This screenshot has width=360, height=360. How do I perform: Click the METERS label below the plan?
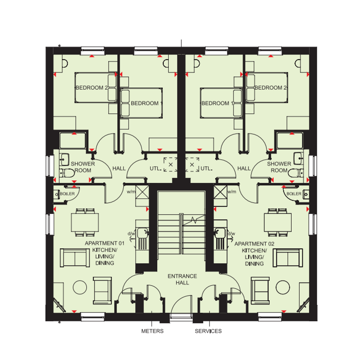[x=152, y=331]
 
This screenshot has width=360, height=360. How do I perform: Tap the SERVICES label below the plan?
[x=208, y=331]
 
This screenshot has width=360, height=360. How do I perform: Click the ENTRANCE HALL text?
[x=182, y=279]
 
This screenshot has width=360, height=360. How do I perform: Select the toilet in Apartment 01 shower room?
[x=67, y=173]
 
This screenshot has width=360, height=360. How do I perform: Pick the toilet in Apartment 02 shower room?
[x=296, y=173]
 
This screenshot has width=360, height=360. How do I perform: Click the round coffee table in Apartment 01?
[x=80, y=287]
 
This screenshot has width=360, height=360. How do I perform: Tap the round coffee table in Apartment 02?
[x=283, y=287]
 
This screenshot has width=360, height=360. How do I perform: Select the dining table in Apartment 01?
[x=85, y=222]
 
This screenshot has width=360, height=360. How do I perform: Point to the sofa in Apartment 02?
[x=288, y=258]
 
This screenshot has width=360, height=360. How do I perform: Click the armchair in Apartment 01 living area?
[x=102, y=291]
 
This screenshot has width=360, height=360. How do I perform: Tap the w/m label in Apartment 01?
[x=131, y=192]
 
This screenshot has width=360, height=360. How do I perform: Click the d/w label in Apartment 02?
[x=231, y=234]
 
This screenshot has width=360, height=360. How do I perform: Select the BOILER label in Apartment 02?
[x=294, y=194]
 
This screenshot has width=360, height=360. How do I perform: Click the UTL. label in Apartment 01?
[x=155, y=168]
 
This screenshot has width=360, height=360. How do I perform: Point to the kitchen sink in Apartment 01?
[x=142, y=233]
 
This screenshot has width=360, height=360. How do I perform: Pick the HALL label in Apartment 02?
[x=244, y=168]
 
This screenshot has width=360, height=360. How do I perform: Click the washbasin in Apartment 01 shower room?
[x=64, y=160]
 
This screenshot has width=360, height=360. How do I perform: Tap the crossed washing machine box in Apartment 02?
[x=221, y=192]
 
